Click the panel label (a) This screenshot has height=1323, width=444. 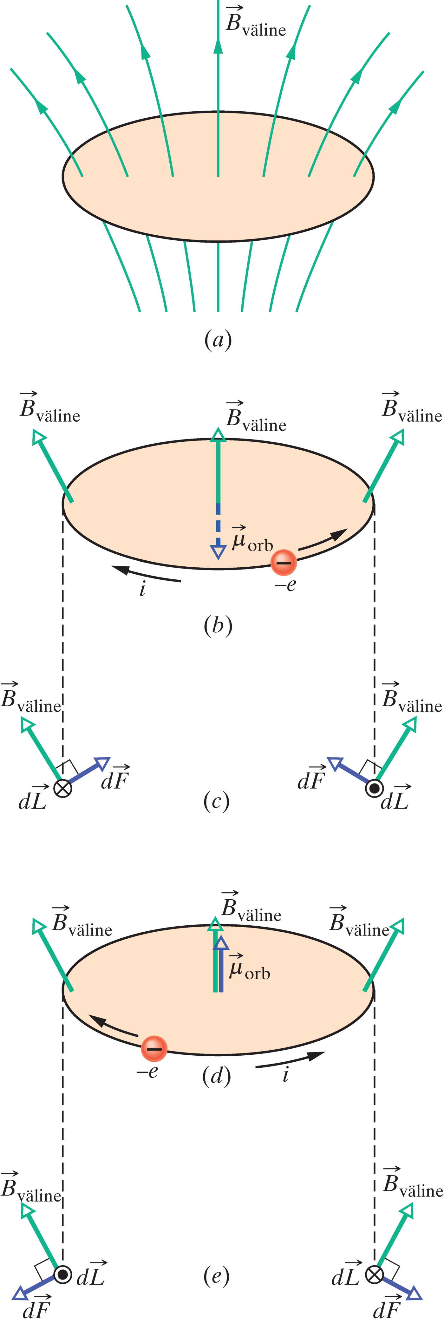pyautogui.click(x=218, y=340)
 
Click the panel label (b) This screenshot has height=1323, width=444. pyautogui.click(x=218, y=626)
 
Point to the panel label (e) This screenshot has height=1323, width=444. pyautogui.click(x=216, y=1276)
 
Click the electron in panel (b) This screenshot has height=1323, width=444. pyautogui.click(x=284, y=562)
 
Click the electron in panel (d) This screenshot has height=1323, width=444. pyautogui.click(x=154, y=1048)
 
